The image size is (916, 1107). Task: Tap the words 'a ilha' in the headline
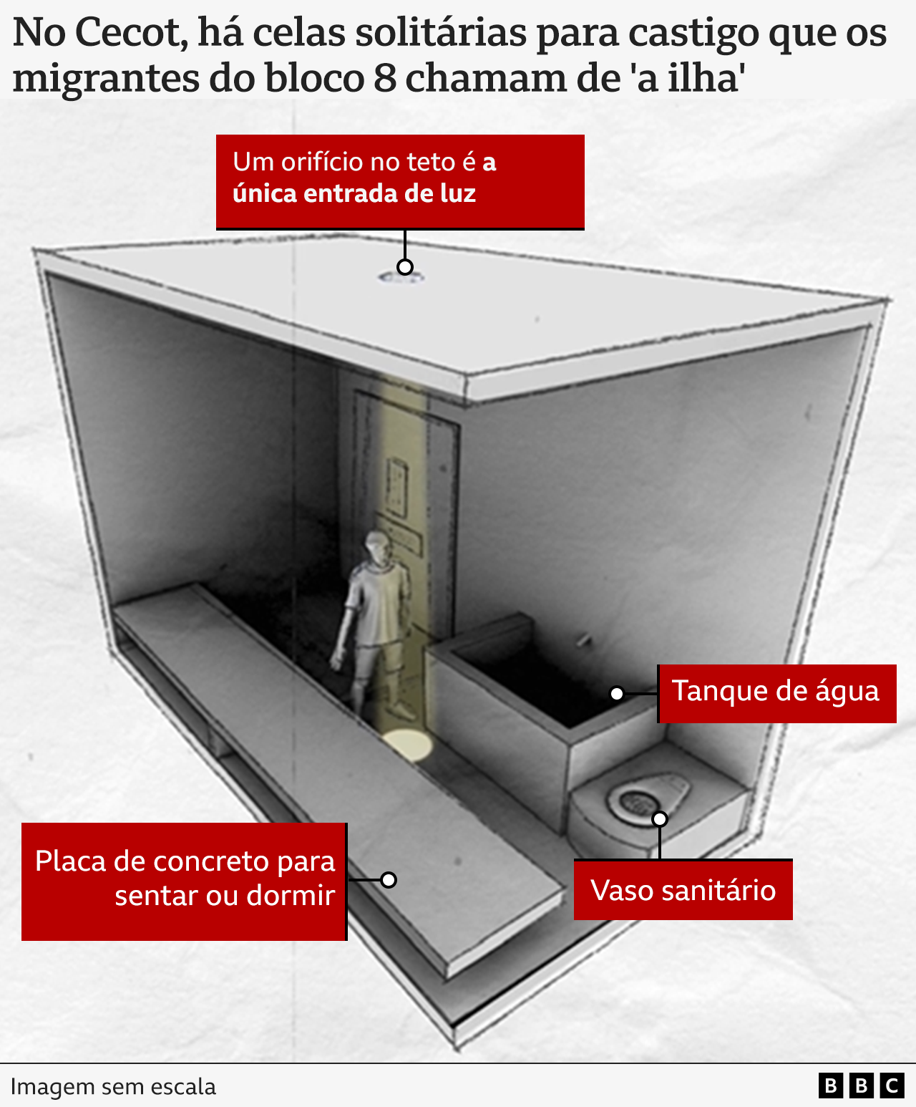(687, 77)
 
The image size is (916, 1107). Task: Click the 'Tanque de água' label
(776, 692)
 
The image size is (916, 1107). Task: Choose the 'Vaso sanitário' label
(683, 890)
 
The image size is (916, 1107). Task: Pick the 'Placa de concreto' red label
(184, 881)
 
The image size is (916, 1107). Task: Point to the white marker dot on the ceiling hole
(404, 267)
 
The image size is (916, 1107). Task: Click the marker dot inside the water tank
(616, 693)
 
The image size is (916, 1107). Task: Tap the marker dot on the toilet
(659, 818)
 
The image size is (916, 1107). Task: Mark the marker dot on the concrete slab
(388, 879)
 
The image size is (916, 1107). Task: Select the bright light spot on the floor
(406, 745)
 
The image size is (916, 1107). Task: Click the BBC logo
(861, 1086)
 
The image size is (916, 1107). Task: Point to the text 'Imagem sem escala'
(113, 1086)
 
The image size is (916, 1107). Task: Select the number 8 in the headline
(384, 77)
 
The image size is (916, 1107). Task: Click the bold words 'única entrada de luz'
(354, 194)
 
